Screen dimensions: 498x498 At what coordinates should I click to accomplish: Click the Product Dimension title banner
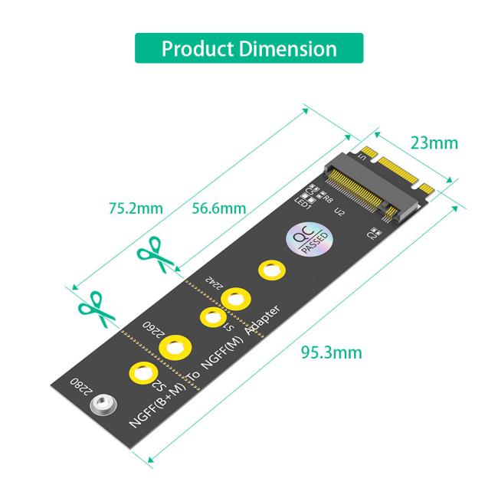249,48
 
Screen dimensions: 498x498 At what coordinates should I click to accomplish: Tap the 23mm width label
434,143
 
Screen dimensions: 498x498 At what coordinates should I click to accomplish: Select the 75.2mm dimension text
136,208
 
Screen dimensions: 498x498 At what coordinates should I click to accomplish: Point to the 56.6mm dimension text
218,208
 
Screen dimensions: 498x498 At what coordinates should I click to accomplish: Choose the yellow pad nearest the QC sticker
270,270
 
